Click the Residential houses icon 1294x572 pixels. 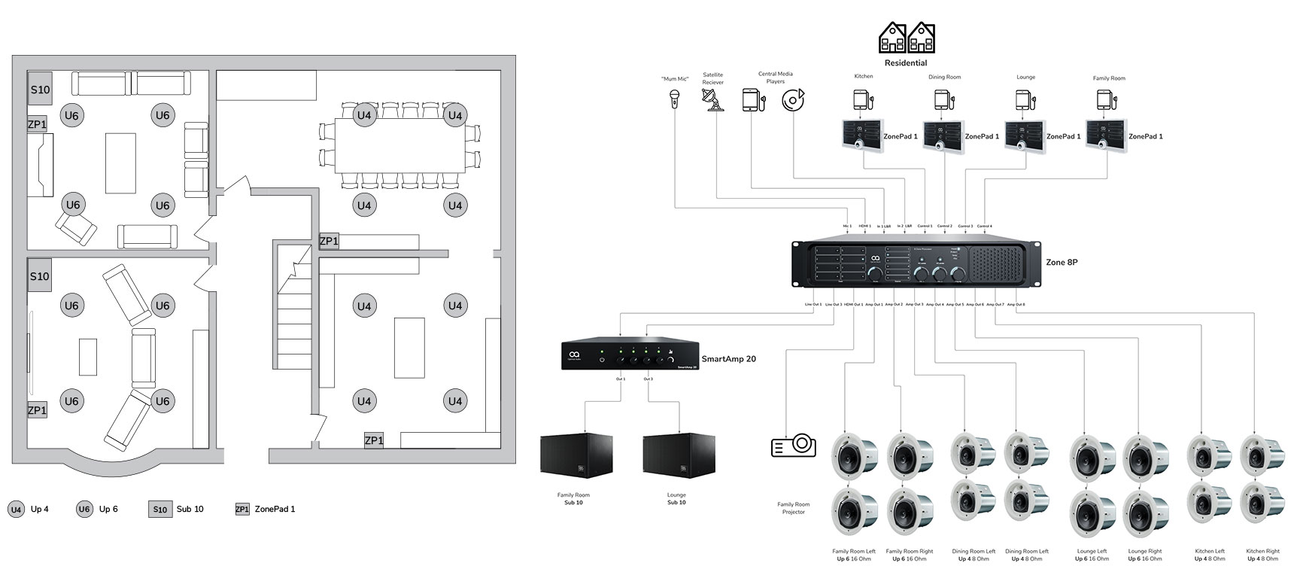[907, 38]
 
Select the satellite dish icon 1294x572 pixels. [712, 100]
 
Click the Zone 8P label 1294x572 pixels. [1061, 263]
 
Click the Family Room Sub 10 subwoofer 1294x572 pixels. [576, 455]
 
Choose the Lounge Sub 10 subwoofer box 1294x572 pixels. [678, 455]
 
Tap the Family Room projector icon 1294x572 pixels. [794, 446]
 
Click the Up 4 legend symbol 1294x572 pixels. [16, 510]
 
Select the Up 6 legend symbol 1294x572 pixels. [84, 510]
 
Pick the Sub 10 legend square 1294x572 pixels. [159, 510]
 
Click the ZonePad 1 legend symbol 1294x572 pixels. [242, 510]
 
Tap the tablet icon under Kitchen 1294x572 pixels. [862, 100]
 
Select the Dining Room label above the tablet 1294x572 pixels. [944, 77]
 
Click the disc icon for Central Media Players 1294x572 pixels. [792, 100]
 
